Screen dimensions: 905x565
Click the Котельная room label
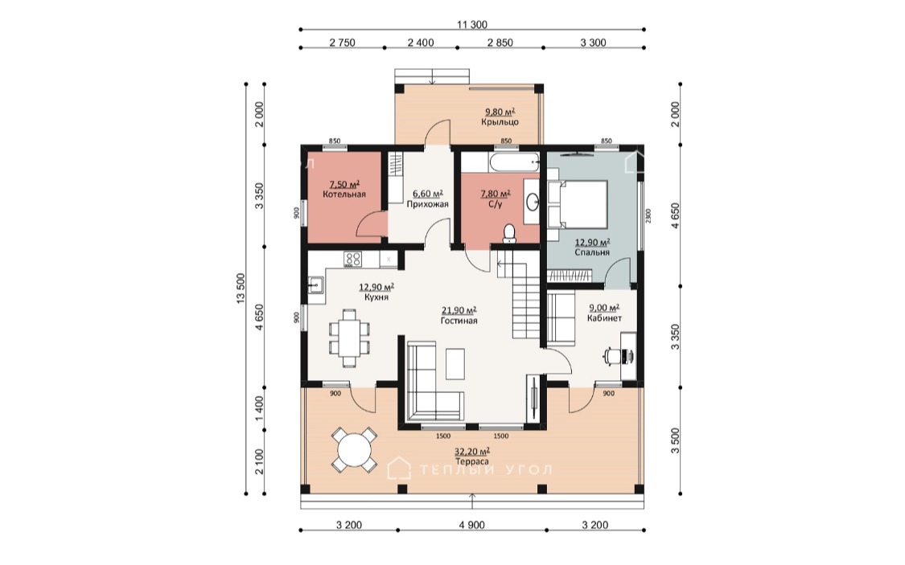(x=344, y=194)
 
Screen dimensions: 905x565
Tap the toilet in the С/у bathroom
(x=509, y=234)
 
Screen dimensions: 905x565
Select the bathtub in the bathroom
(x=514, y=162)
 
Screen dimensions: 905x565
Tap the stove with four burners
(x=353, y=260)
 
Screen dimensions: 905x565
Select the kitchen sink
(x=315, y=285)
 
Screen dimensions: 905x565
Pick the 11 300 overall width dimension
(x=472, y=24)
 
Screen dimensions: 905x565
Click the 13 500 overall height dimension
(x=241, y=289)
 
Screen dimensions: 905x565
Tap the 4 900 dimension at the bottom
(x=472, y=526)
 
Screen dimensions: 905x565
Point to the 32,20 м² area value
(x=472, y=452)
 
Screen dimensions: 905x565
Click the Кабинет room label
(x=604, y=318)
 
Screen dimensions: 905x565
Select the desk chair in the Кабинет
(x=610, y=356)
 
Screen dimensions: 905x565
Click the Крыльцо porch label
(x=500, y=122)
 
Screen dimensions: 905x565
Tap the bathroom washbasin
(x=532, y=201)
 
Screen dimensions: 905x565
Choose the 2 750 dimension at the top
(x=342, y=43)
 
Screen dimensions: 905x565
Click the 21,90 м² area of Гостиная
(x=459, y=311)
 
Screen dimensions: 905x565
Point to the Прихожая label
(x=427, y=204)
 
